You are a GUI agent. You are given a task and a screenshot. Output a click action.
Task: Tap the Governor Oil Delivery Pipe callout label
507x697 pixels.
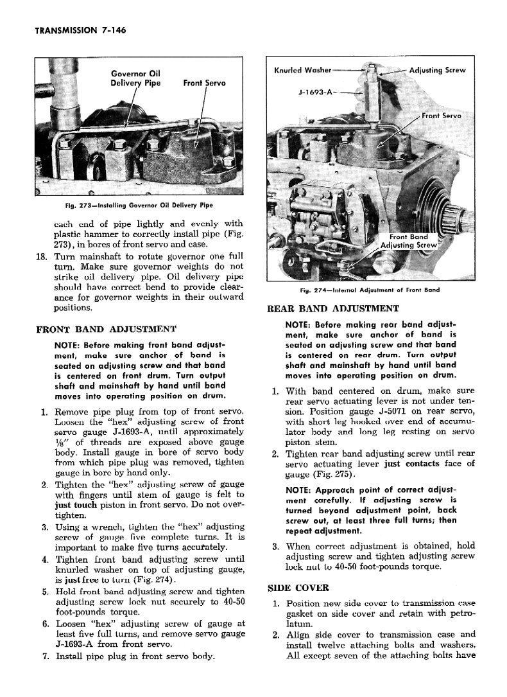click(136, 78)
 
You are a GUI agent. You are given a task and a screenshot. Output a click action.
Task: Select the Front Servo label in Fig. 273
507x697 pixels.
click(204, 83)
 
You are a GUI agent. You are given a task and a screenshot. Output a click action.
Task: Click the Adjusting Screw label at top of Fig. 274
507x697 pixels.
click(437, 70)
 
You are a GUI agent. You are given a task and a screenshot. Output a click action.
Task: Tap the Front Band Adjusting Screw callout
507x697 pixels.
click(409, 240)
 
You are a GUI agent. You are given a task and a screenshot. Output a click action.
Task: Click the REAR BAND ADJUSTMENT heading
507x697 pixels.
click(332, 308)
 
